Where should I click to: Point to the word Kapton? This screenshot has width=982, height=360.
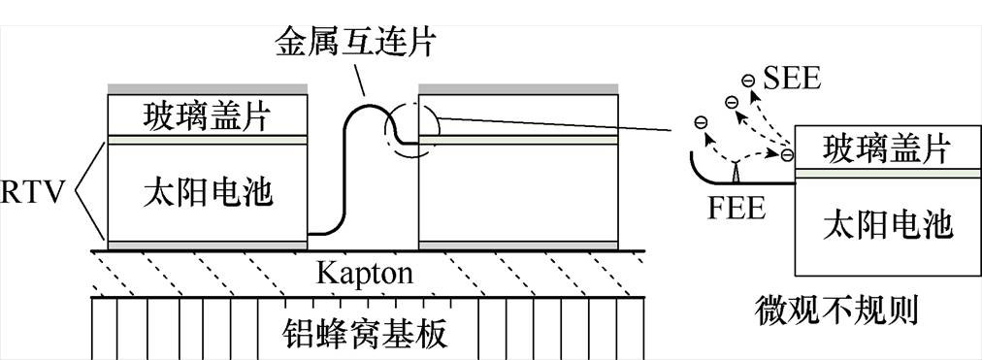pos(364,274)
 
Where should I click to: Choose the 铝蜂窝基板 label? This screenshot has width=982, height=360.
pos(364,333)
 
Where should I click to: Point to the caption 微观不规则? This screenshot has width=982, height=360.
pos(836,311)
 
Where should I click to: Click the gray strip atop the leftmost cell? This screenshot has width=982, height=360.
pos(208,89)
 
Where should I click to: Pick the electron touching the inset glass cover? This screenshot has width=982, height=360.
pos(786,154)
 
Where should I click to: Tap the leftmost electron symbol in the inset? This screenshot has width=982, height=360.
pos(699,121)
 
